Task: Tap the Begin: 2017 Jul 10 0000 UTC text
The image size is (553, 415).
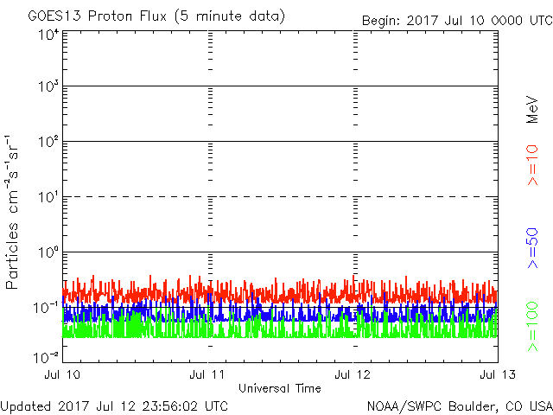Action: pyautogui.click(x=455, y=20)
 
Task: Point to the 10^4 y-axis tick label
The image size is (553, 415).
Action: pyautogui.click(x=48, y=35)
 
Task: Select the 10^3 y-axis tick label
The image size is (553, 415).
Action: pyautogui.click(x=48, y=87)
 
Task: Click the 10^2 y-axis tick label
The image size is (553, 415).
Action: pyautogui.click(x=48, y=143)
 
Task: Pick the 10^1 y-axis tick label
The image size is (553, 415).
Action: pyautogui.click(x=48, y=198)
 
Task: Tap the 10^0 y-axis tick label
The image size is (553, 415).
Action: pyautogui.click(x=48, y=253)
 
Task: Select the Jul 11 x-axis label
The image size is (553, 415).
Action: pyautogui.click(x=208, y=374)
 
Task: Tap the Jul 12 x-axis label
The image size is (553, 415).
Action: pyautogui.click(x=353, y=374)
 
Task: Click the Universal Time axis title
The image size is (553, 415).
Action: pyautogui.click(x=279, y=388)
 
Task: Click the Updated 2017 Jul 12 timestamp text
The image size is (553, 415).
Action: pyautogui.click(x=114, y=405)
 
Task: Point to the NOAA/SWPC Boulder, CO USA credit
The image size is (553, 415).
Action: pyautogui.click(x=459, y=405)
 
